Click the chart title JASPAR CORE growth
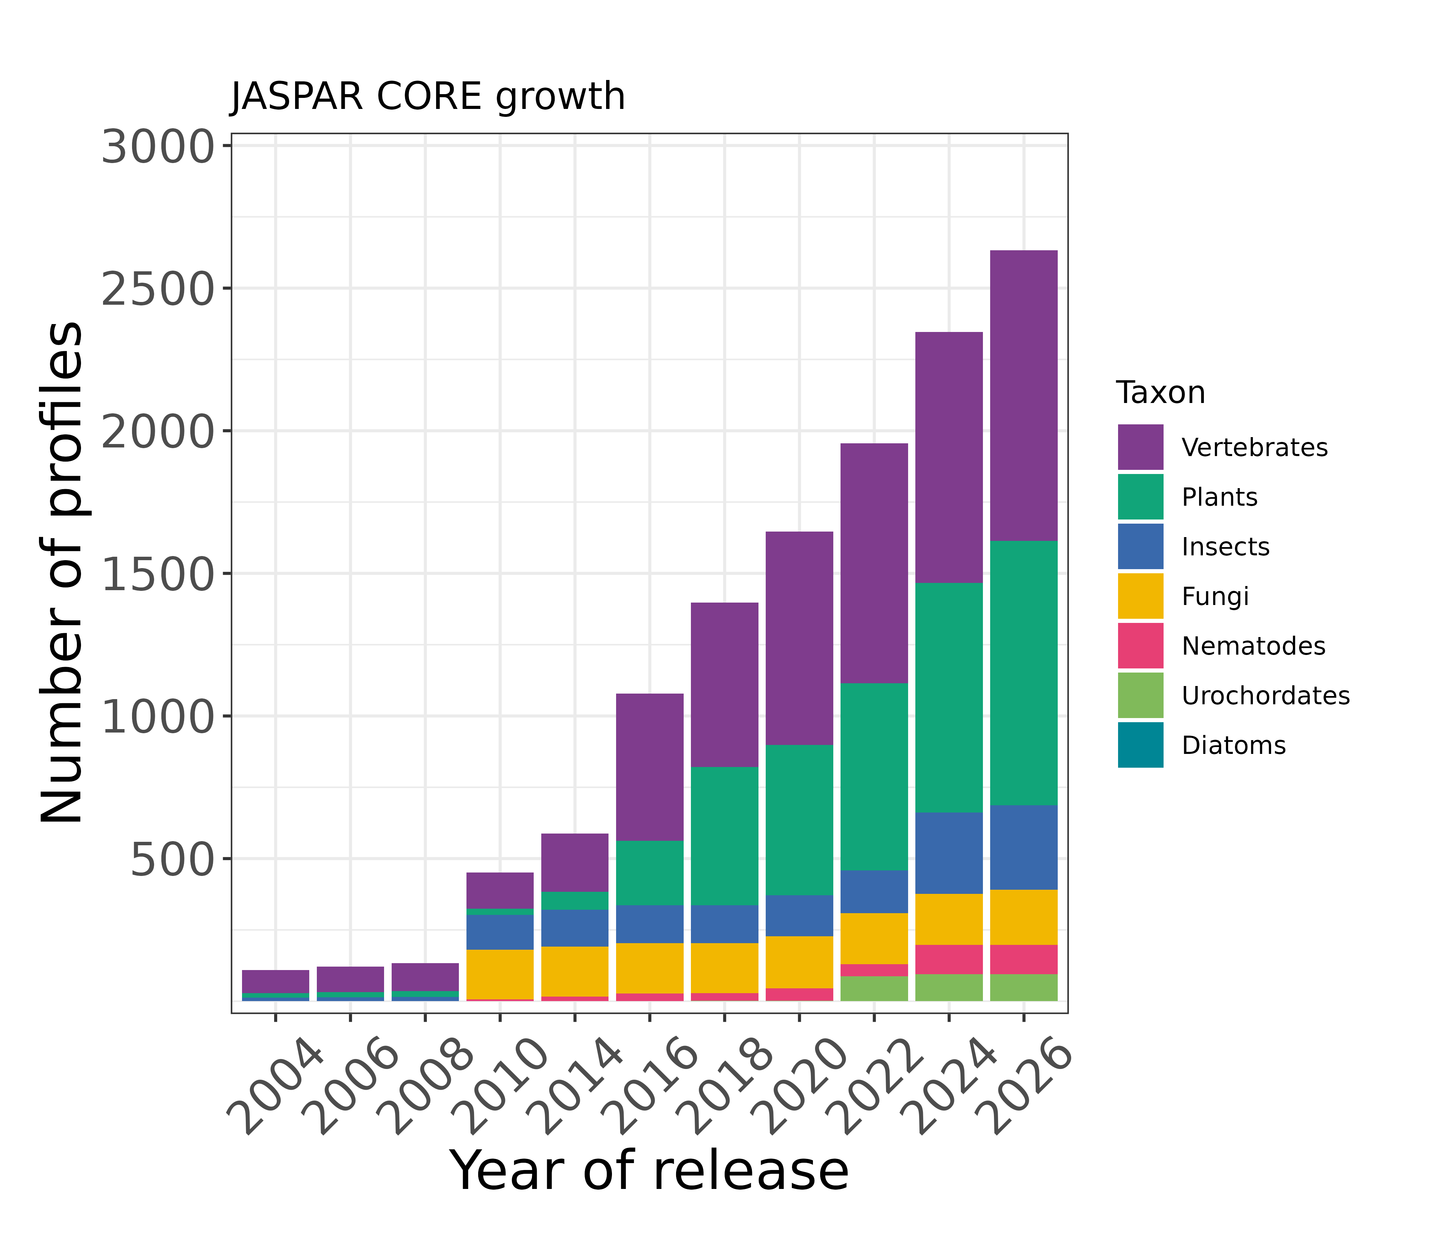(x=428, y=97)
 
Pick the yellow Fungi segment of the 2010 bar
(x=500, y=974)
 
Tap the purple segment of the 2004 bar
(x=275, y=981)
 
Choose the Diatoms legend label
(x=1234, y=746)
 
